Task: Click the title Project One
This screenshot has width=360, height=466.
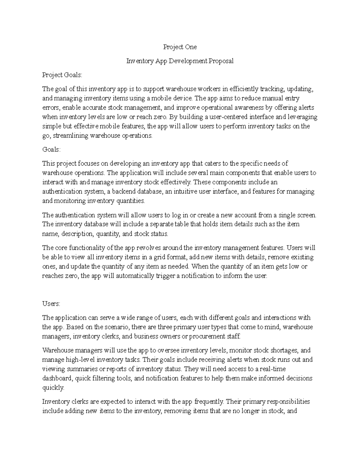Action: click(180, 47)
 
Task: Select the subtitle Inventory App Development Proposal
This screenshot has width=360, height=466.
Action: click(180, 61)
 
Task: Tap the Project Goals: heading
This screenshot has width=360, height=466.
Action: click(62, 75)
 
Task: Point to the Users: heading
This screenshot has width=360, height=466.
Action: click(51, 304)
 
